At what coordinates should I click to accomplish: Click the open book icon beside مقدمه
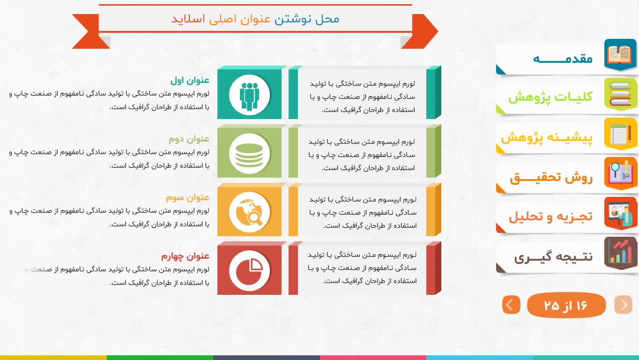[620, 54]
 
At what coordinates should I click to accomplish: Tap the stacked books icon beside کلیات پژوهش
[620, 94]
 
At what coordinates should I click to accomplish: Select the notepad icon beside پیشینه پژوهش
[620, 134]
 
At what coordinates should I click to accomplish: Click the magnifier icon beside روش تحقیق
[620, 173]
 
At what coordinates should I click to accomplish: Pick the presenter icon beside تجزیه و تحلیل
[620, 213]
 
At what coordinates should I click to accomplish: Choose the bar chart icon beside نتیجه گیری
[620, 253]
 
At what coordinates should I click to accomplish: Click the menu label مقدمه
[563, 59]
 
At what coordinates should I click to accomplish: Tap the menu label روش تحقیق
[551, 178]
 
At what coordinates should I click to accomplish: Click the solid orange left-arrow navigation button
[511, 305]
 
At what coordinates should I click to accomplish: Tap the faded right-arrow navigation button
[624, 305]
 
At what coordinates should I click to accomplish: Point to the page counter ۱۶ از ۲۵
[566, 305]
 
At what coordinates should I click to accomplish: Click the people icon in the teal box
[249, 95]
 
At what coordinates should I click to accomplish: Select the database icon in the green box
[249, 154]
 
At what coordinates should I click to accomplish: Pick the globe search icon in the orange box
[249, 212]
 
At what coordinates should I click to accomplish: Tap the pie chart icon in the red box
[249, 270]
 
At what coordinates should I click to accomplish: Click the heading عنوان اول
[190, 80]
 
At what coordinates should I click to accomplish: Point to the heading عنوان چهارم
[186, 256]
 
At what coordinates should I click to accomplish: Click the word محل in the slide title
[327, 19]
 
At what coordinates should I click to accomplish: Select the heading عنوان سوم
[188, 197]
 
